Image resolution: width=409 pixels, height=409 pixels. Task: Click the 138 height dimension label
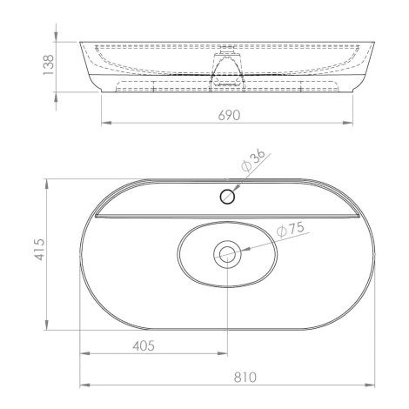(x=49, y=65)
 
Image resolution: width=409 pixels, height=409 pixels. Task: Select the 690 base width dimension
(x=229, y=116)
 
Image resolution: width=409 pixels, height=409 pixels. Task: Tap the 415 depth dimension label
(x=39, y=250)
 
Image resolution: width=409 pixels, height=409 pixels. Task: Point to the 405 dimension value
(x=144, y=345)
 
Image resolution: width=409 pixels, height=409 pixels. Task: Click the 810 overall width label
(x=245, y=378)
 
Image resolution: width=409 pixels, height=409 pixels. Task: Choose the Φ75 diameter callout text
(x=290, y=230)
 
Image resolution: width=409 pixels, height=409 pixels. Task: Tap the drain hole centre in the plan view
(x=227, y=254)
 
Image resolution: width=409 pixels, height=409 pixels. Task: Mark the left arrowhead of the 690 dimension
(x=106, y=123)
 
